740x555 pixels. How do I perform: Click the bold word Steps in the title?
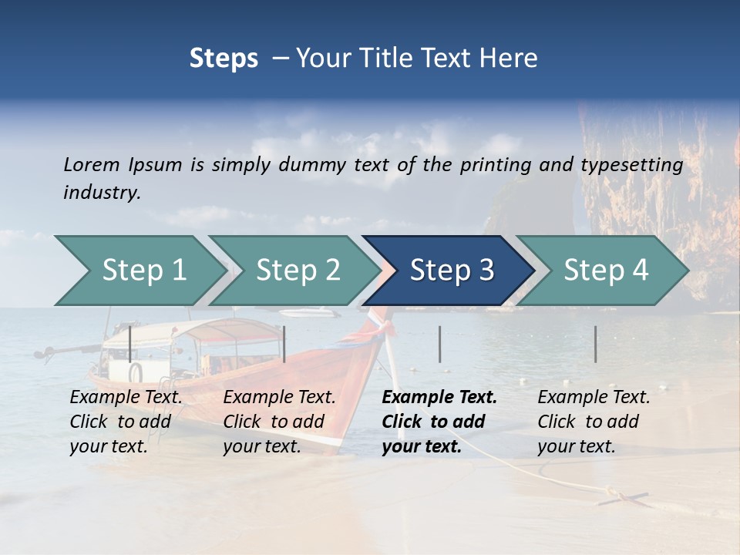(224, 59)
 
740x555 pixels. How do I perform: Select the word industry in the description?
(102, 193)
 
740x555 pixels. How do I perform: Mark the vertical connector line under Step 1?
(130, 344)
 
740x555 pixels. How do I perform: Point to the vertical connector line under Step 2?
(284, 344)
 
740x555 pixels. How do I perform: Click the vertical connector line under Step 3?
(439, 344)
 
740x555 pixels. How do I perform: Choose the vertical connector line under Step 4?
(595, 344)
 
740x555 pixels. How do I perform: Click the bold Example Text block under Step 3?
(439, 422)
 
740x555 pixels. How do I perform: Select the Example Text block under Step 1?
(126, 422)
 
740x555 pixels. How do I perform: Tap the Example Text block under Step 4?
(594, 422)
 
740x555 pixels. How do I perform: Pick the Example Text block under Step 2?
(279, 422)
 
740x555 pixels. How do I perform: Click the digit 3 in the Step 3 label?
(485, 271)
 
